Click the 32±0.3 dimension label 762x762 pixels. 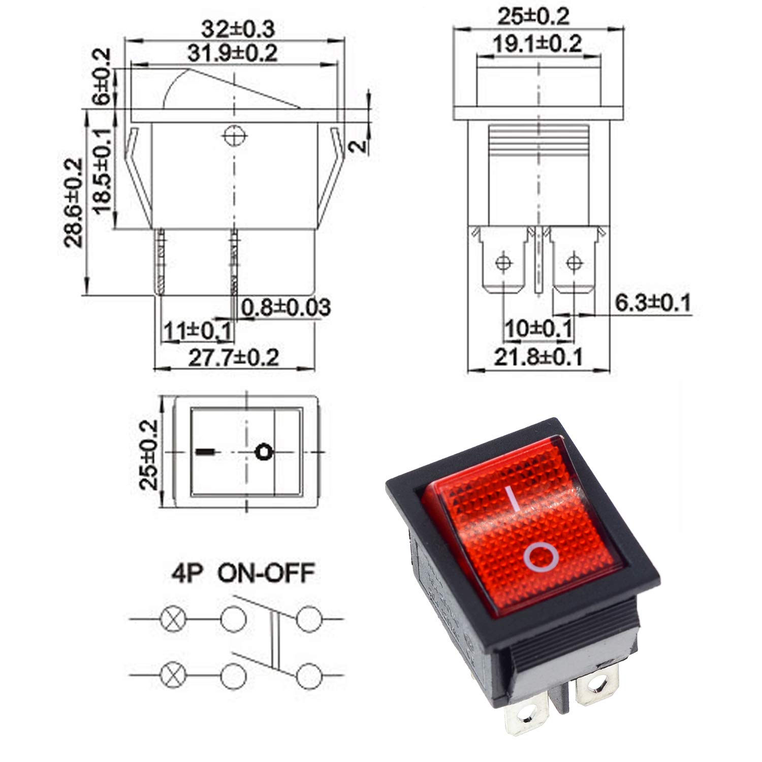238,29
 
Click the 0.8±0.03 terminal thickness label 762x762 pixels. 286,307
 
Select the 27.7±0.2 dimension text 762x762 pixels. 234,358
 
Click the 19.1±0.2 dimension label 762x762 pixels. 537,44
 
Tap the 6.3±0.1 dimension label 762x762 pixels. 653,303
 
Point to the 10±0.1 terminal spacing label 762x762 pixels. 538,329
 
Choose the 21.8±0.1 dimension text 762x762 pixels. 538,357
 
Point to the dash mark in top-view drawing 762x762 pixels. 204,451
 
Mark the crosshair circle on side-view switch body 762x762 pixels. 234,136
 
